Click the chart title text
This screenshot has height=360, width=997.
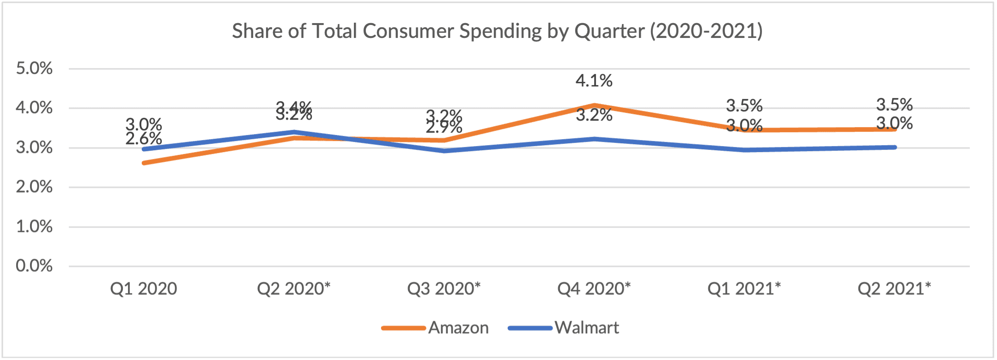(497, 31)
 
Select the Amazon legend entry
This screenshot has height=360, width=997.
(458, 328)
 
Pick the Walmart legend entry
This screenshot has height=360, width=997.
(586, 328)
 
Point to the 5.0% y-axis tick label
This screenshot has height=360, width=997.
(34, 68)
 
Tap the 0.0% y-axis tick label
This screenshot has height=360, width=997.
(34, 266)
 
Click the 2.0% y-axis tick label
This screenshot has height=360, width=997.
(34, 187)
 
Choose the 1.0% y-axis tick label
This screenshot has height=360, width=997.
(34, 226)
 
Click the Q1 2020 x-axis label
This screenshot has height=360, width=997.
(144, 289)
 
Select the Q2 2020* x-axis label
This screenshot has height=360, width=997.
(294, 289)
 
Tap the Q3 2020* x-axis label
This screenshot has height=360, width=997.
(444, 289)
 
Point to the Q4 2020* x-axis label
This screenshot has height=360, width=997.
(594, 289)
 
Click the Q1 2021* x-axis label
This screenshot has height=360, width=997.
(744, 289)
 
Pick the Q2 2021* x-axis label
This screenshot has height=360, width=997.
(894, 289)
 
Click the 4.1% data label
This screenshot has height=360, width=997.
(594, 81)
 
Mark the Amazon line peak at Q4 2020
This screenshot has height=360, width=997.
(594, 105)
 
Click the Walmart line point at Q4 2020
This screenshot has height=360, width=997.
(594, 139)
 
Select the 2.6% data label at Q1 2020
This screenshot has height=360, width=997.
(144, 138)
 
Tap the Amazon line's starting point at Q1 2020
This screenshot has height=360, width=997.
(144, 163)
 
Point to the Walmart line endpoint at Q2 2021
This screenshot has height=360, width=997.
(894, 147)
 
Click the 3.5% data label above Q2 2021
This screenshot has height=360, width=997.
(894, 105)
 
